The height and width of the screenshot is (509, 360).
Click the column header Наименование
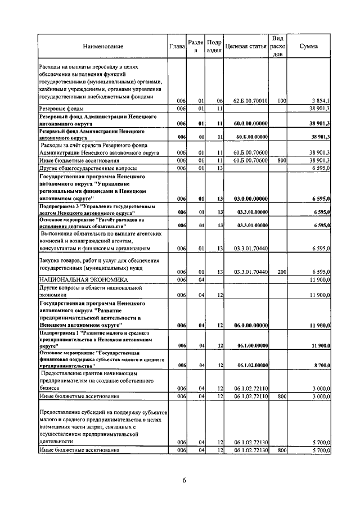(103, 46)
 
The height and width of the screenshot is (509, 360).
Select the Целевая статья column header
(246, 46)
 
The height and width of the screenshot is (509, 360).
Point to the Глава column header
(177, 46)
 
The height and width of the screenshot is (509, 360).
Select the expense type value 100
(282, 100)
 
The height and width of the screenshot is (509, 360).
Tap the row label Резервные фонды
(62, 108)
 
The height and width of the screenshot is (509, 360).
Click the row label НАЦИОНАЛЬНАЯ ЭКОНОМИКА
(76, 279)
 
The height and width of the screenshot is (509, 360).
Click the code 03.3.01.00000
(251, 225)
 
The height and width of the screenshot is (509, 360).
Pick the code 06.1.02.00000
(251, 365)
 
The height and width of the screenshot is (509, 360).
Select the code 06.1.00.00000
(251, 345)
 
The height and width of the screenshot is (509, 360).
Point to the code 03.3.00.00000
(251, 211)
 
